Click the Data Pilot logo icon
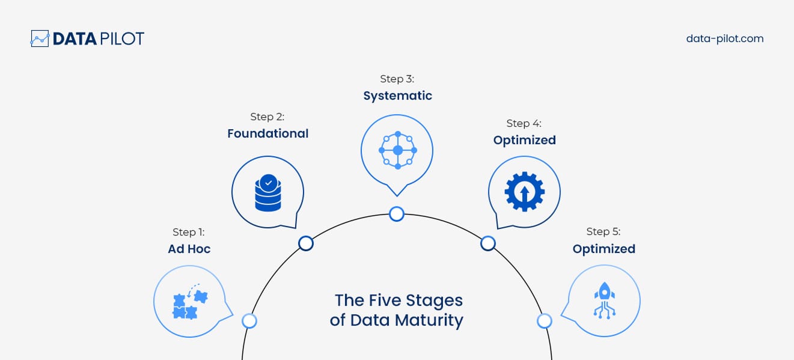(x=40, y=38)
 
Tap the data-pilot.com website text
(x=724, y=38)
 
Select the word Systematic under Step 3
(x=397, y=96)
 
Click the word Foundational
(x=267, y=133)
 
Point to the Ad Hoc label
(x=189, y=249)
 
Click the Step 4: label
(x=524, y=123)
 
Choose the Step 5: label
(x=603, y=231)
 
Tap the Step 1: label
(x=189, y=232)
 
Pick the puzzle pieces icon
(x=189, y=301)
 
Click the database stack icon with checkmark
(x=267, y=192)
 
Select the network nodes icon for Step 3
(x=397, y=150)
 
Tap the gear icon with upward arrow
(x=524, y=192)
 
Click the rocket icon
(x=603, y=300)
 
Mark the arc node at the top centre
(x=397, y=213)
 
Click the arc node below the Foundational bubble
(x=306, y=243)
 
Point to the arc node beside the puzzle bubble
(x=249, y=321)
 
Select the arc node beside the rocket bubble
(x=545, y=321)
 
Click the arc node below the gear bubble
(x=488, y=243)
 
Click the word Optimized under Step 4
(x=524, y=140)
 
